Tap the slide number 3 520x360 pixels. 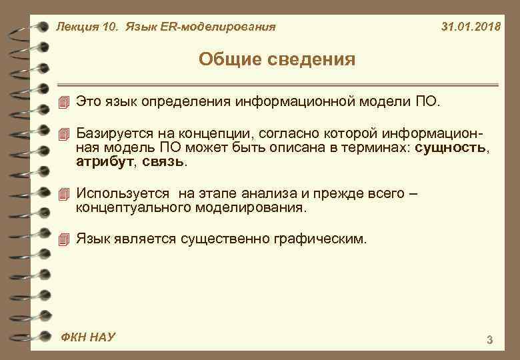tap(490, 341)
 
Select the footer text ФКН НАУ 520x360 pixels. tap(87, 337)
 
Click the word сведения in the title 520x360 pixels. tap(314, 60)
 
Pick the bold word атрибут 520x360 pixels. tap(103, 161)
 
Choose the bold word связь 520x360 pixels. tap(165, 161)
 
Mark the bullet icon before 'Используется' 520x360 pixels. tap(63, 194)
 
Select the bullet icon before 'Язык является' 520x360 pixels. tap(63, 238)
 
